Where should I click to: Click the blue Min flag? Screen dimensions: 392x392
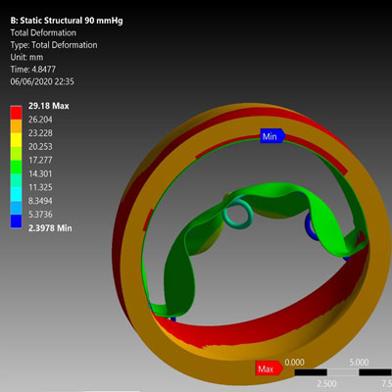coord(272,136)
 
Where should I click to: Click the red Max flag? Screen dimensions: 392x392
coord(269,368)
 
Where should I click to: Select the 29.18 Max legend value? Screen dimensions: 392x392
coord(49,106)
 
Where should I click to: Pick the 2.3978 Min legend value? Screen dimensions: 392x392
coord(50,228)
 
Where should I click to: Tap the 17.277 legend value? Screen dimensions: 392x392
coord(40,160)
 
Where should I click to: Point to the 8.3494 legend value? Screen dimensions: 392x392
coord(40,201)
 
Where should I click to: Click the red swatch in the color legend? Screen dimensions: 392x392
coord(16,113)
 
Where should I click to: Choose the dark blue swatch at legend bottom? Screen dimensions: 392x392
coord(16,221)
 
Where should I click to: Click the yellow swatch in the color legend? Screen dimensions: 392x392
coord(16,139)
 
